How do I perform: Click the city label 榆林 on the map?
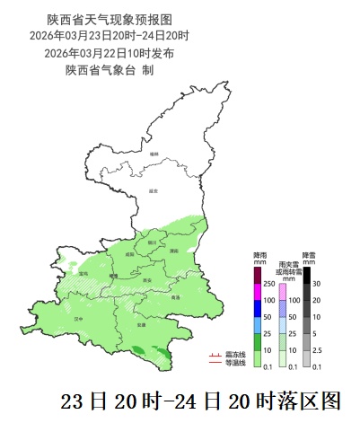click(x=154, y=154)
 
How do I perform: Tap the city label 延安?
click(x=154, y=190)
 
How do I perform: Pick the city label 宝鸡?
click(x=83, y=273)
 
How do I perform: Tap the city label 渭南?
click(x=174, y=251)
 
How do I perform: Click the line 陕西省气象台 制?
click(x=109, y=70)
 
